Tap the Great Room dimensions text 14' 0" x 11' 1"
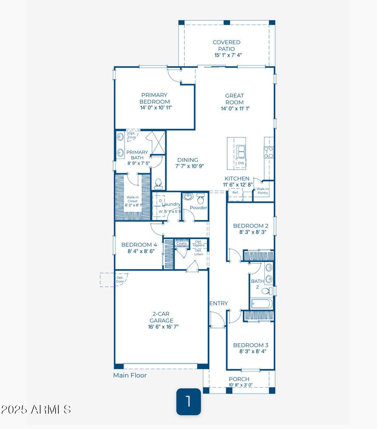(234, 109)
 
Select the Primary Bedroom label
(155, 98)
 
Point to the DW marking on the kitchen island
(241, 163)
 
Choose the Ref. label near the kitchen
(235, 193)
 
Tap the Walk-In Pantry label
(263, 191)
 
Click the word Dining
(188, 160)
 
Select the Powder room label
(195, 208)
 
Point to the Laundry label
(171, 204)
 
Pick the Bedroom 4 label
(139, 245)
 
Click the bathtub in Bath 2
(261, 303)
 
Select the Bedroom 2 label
(251, 226)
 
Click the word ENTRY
(218, 303)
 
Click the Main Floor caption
(130, 376)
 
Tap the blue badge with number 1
(188, 402)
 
